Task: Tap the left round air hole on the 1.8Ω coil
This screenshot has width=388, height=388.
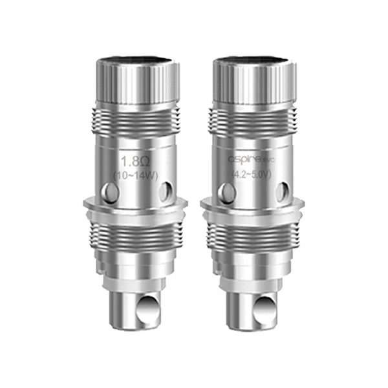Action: [x=109, y=191]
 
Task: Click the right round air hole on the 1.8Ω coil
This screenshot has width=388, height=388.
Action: [x=166, y=191]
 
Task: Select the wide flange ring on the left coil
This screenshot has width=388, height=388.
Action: [x=135, y=208]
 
